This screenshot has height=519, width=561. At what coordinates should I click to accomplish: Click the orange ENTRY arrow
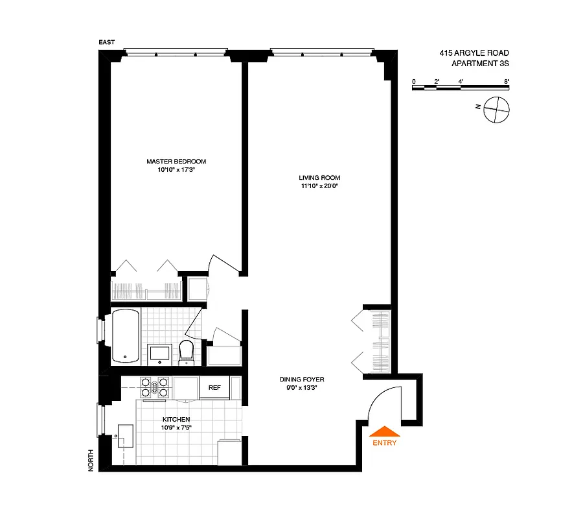[384, 431]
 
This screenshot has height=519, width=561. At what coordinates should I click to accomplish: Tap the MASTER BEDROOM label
[176, 162]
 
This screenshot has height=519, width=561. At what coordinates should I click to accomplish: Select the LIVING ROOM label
[319, 178]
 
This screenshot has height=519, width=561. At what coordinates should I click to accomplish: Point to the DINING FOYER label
[302, 380]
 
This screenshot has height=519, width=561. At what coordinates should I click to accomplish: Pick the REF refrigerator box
[214, 388]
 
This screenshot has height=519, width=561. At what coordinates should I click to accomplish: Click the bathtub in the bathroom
[125, 336]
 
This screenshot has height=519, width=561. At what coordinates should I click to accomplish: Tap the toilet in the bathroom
[187, 351]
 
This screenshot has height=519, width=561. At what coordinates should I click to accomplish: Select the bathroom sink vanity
[159, 352]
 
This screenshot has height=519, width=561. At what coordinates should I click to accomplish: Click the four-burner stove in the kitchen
[155, 387]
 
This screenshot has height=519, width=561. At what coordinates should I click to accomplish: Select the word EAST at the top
[107, 43]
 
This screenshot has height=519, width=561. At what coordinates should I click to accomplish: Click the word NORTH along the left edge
[91, 460]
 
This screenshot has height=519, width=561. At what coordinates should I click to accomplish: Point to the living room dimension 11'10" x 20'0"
[319, 186]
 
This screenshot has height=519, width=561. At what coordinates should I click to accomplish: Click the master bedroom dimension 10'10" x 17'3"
[176, 170]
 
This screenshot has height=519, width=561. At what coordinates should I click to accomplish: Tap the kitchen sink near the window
[126, 437]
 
